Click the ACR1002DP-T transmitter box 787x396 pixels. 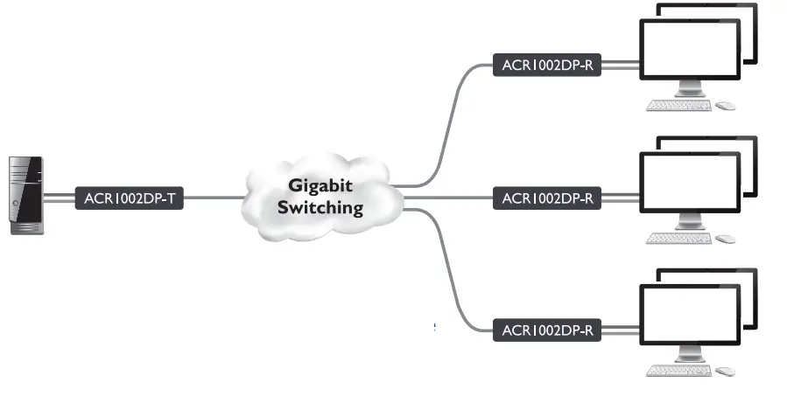pyautogui.click(x=130, y=198)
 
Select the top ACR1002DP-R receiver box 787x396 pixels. pyautogui.click(x=547, y=66)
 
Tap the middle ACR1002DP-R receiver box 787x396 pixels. pyautogui.click(x=547, y=198)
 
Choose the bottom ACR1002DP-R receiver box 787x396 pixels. pyautogui.click(x=547, y=330)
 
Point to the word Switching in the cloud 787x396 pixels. pyautogui.click(x=320, y=208)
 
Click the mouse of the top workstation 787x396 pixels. pyautogui.click(x=726, y=106)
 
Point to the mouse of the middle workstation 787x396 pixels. pyautogui.click(x=726, y=239)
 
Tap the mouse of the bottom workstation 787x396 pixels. pyautogui.click(x=726, y=371)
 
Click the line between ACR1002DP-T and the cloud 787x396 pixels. pyautogui.click(x=214, y=198)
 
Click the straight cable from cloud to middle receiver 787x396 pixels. pyautogui.click(x=446, y=198)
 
